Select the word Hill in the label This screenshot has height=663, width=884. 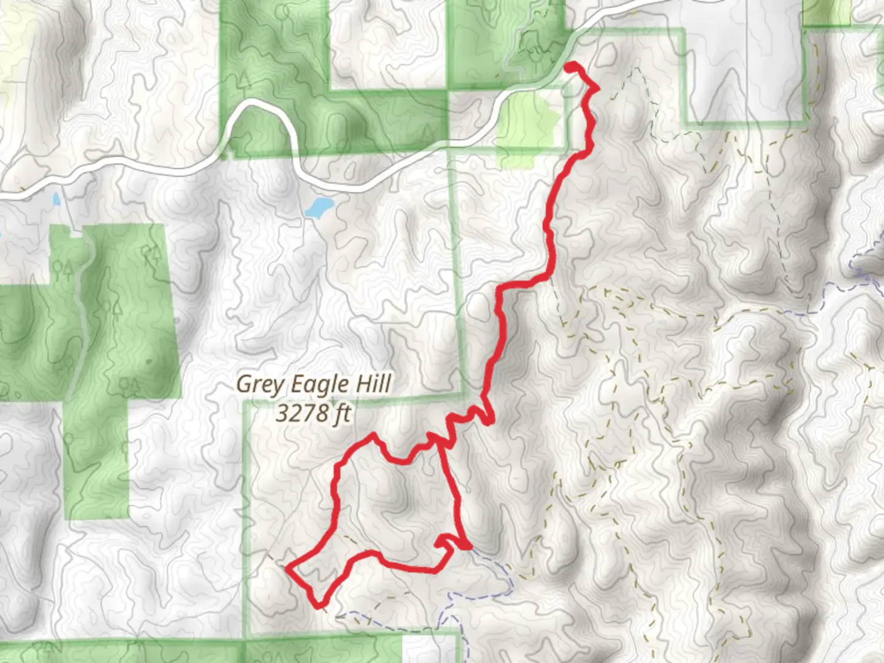372,384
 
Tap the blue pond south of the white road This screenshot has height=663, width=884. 318,207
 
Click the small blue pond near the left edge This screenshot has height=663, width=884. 56,200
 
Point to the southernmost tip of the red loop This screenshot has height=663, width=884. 319,607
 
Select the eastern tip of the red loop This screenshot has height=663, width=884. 468,546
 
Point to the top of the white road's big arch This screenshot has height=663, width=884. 258,103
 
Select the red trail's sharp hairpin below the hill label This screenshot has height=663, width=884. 489,421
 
